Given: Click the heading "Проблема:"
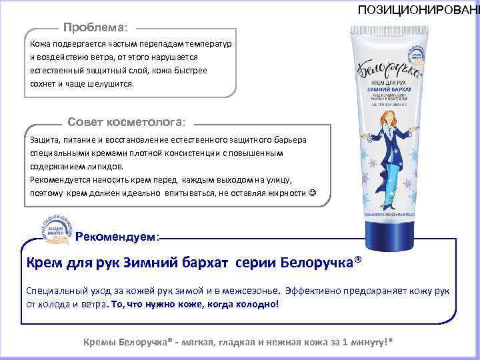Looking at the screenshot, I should (99, 29).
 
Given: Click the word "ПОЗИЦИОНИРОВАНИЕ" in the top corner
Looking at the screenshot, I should (419, 10).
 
